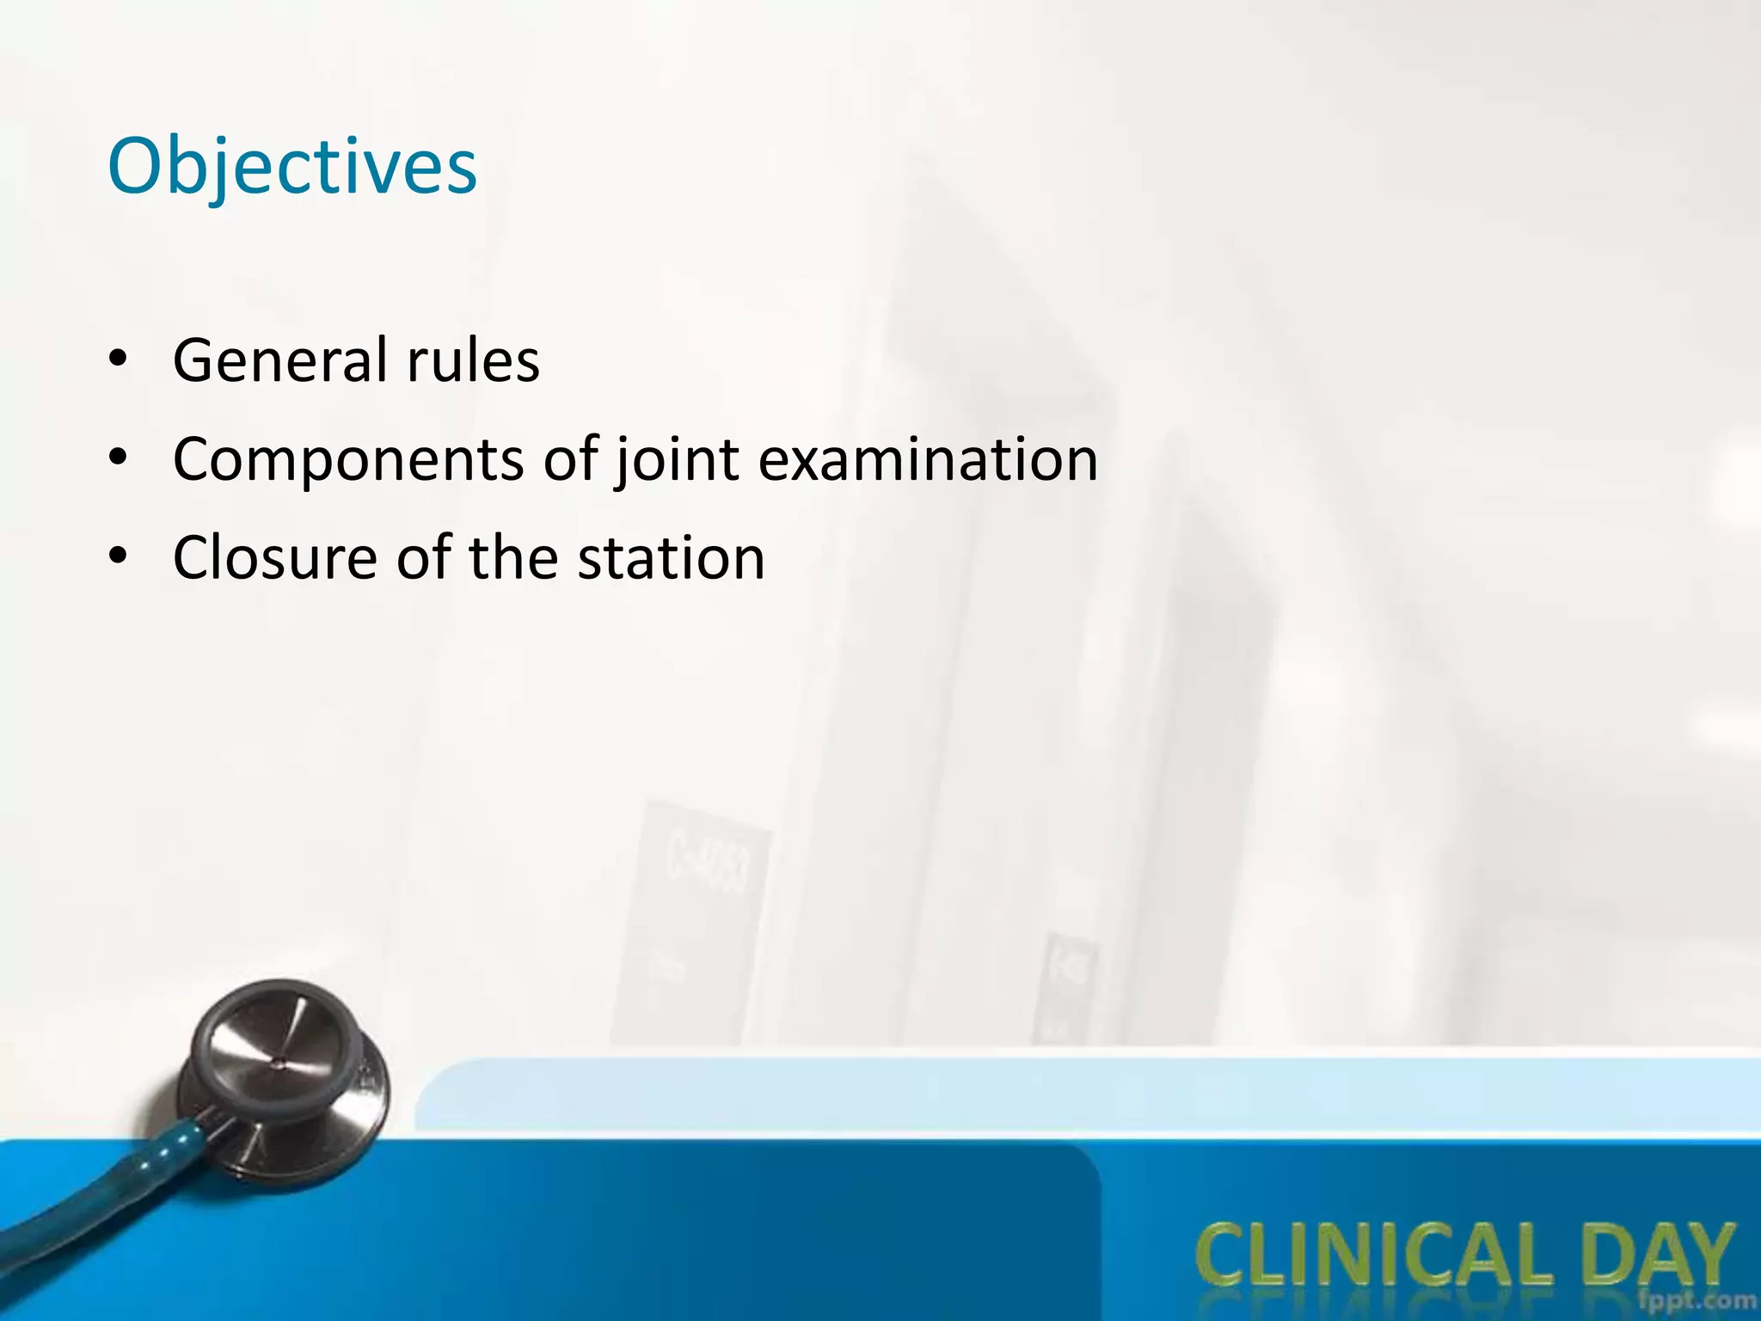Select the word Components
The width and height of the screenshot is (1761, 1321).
[x=348, y=459]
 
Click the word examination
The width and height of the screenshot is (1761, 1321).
[x=928, y=459]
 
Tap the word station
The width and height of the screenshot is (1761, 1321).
[x=671, y=558]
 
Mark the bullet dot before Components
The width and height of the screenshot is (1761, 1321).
[x=119, y=458]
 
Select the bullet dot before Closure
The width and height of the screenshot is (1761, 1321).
[x=119, y=556]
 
